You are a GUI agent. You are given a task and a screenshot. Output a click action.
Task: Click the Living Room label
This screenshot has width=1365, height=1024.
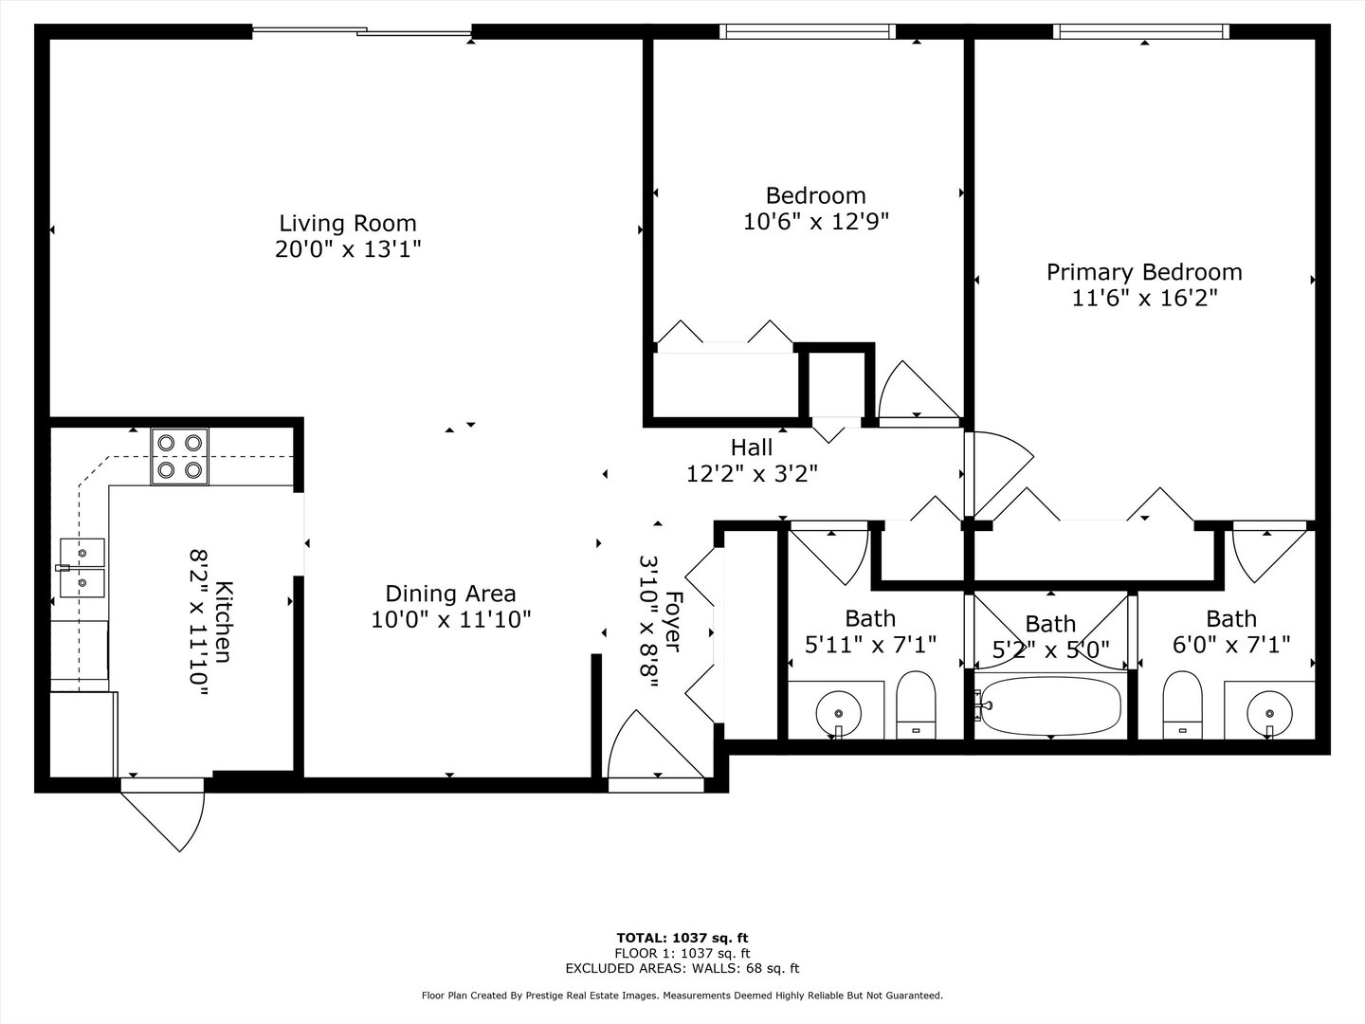tap(347, 224)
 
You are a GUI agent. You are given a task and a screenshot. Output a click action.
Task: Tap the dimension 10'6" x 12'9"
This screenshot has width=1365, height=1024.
tap(815, 222)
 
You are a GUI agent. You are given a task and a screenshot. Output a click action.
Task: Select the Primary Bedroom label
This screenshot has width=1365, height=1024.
tap(1144, 272)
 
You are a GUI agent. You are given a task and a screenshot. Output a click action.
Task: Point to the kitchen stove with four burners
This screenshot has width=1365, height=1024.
tap(180, 456)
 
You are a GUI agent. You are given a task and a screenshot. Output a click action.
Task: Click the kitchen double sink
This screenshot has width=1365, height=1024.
tap(82, 567)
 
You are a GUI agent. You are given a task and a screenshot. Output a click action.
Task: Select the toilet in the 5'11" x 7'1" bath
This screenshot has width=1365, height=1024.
tap(915, 704)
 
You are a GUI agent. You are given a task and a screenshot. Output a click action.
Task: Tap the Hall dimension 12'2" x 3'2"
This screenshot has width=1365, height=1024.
tap(752, 474)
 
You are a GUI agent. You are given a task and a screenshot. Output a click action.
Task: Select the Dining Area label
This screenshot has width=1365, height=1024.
tap(450, 594)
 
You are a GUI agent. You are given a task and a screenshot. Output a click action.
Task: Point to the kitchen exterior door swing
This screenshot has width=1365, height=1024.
tap(166, 815)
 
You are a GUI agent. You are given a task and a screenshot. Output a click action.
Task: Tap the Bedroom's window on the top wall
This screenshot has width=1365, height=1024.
tap(808, 31)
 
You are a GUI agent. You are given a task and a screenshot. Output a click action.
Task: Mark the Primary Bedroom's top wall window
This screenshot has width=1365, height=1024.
tap(1141, 31)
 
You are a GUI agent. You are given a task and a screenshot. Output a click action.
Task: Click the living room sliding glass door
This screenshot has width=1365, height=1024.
tap(362, 33)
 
